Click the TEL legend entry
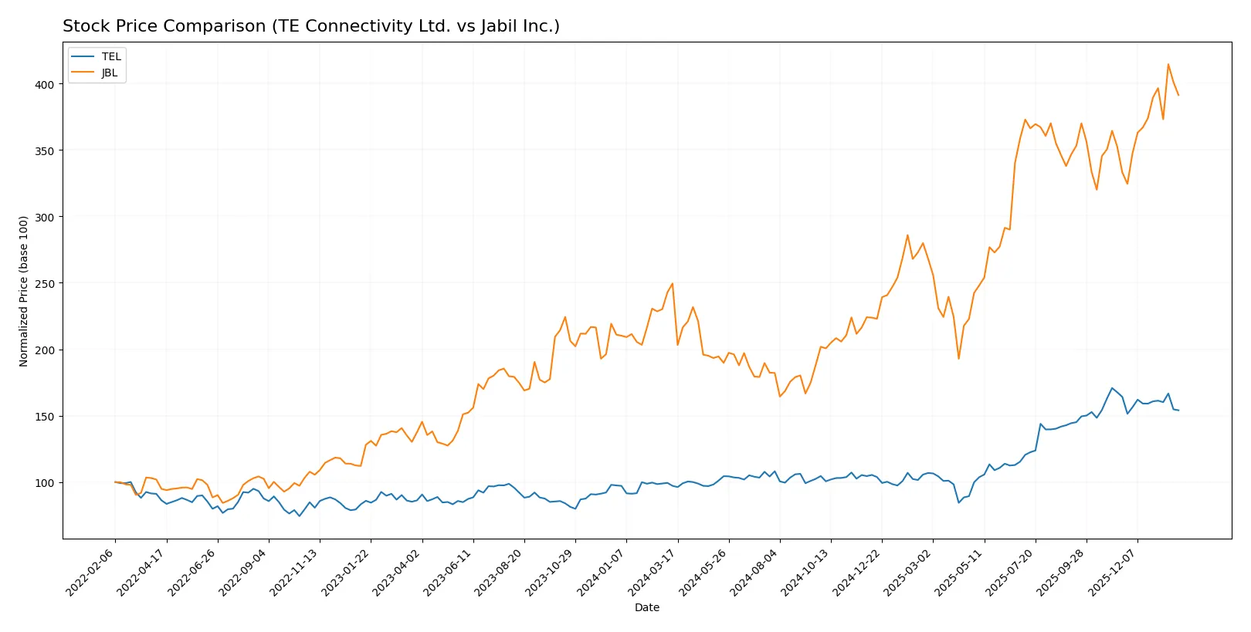click(x=110, y=56)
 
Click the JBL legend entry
click(x=109, y=73)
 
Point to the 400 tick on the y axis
click(x=44, y=84)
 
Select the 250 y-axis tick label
click(x=44, y=283)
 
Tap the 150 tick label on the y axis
click(x=44, y=416)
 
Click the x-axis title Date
click(x=646, y=607)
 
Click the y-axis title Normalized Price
click(x=24, y=291)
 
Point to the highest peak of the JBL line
click(x=1168, y=64)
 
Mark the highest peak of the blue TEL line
click(x=1112, y=388)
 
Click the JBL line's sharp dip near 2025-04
click(x=958, y=358)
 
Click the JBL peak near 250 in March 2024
click(x=672, y=283)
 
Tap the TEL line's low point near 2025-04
click(x=958, y=502)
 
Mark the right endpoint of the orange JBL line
click(x=1178, y=95)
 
